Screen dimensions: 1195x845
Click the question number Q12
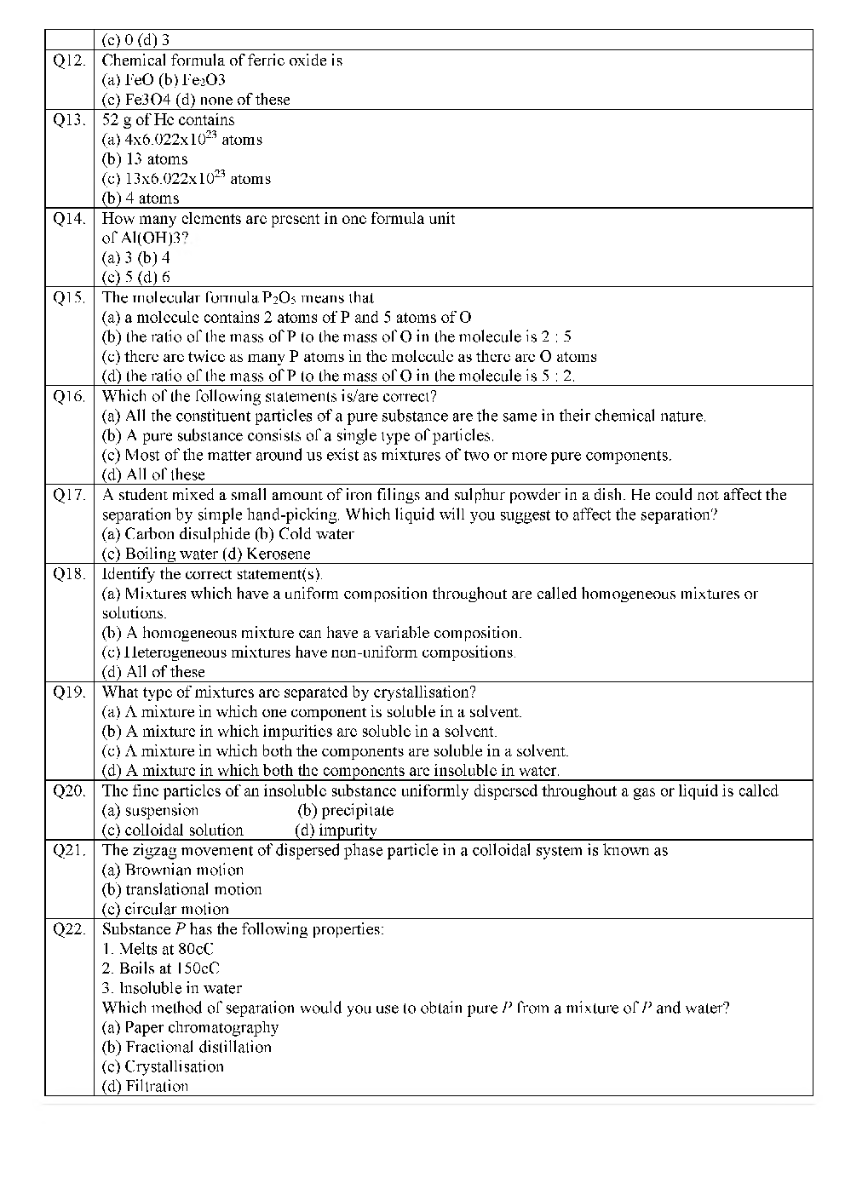[x=69, y=60]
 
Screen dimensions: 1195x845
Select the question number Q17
[x=69, y=495]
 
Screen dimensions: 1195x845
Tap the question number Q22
[x=69, y=929]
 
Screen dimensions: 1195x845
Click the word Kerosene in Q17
[x=279, y=554]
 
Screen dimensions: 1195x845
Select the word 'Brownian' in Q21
[x=156, y=870]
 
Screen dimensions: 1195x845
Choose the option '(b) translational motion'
[x=181, y=889]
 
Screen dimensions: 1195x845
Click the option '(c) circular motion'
[x=165, y=909]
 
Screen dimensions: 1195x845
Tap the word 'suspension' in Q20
[x=161, y=810]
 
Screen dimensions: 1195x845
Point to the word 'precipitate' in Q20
[x=357, y=810]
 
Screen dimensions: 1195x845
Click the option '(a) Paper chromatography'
[x=190, y=1027]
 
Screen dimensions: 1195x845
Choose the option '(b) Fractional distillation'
[x=187, y=1047]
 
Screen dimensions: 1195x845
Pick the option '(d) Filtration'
[x=145, y=1086]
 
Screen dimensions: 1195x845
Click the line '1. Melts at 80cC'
[x=158, y=949]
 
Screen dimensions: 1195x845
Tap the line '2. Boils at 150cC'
[x=160, y=968]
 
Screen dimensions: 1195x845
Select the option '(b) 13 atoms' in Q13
[x=145, y=159]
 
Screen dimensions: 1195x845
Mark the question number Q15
[x=69, y=297]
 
